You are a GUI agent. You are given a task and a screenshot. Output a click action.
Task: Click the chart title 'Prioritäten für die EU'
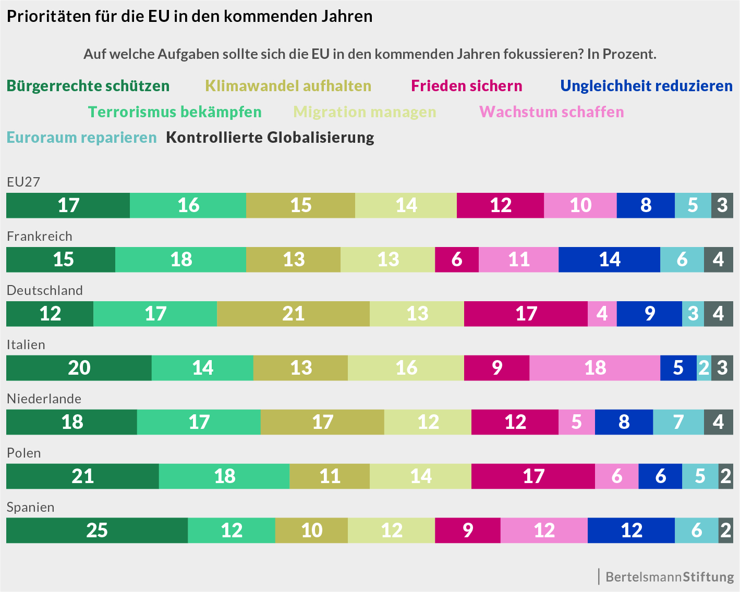point(189,17)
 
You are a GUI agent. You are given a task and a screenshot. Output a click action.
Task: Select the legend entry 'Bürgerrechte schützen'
point(88,86)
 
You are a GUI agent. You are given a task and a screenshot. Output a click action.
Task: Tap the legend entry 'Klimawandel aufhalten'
point(288,86)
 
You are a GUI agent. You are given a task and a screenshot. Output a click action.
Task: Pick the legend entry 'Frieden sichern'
point(467,86)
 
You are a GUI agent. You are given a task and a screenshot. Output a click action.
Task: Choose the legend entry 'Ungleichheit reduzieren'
point(646,86)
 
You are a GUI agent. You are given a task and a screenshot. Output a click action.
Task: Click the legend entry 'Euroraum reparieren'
point(82,138)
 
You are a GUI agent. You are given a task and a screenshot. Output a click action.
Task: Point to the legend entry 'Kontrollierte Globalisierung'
point(270,138)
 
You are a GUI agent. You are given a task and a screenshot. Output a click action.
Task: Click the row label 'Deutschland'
point(45,290)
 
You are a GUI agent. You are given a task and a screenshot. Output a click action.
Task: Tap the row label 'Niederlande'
point(44,399)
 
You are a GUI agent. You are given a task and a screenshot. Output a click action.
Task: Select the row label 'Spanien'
point(30,507)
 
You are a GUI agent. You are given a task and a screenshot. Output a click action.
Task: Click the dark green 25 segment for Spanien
point(97,531)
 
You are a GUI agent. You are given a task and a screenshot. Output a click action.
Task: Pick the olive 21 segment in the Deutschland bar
point(293,314)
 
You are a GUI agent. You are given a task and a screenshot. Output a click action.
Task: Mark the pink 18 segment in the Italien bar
point(595,368)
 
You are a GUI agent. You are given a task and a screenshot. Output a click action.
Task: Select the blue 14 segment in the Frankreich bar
point(609,260)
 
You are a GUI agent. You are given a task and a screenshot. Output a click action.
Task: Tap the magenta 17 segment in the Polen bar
point(533,476)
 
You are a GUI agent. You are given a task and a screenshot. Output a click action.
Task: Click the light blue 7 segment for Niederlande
point(678,422)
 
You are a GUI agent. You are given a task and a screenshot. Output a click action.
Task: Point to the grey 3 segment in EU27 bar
point(722,205)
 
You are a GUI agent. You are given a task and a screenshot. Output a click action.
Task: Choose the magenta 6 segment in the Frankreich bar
point(457,260)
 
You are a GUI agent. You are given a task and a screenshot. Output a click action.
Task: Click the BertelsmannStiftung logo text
point(670,577)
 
